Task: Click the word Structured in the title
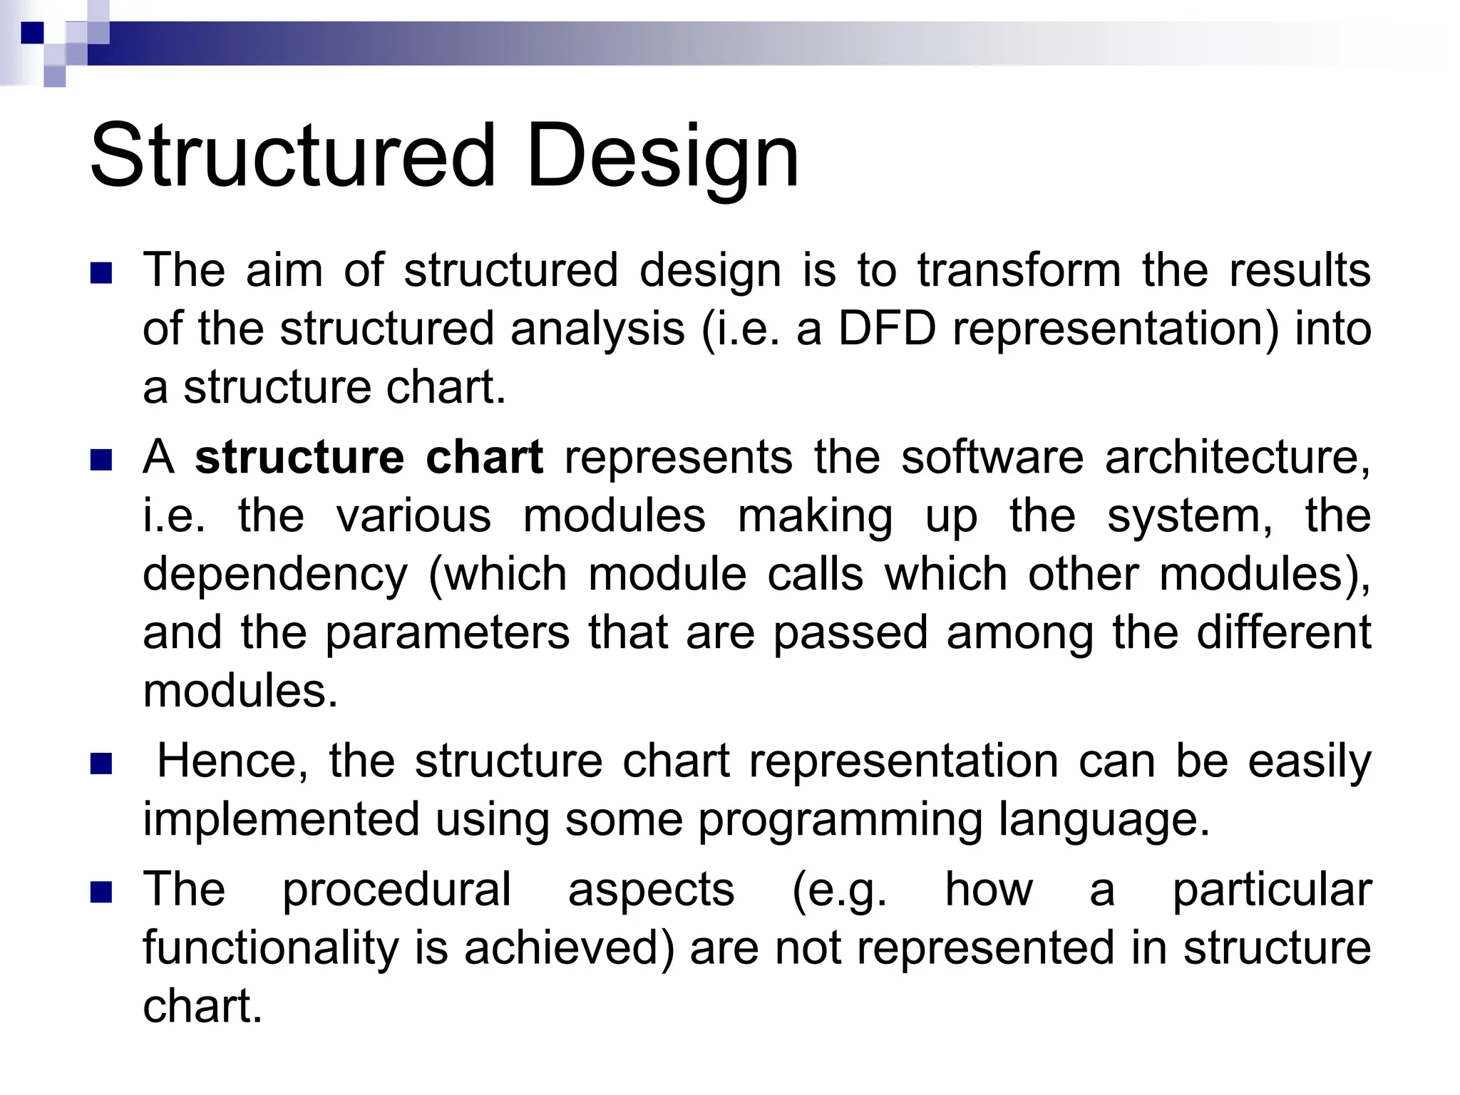click(292, 155)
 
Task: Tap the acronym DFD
click(886, 329)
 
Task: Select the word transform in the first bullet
click(1019, 270)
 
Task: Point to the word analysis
click(597, 330)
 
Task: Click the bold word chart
click(484, 457)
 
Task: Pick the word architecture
click(1237, 457)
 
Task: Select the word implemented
click(281, 819)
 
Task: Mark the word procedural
click(396, 890)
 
